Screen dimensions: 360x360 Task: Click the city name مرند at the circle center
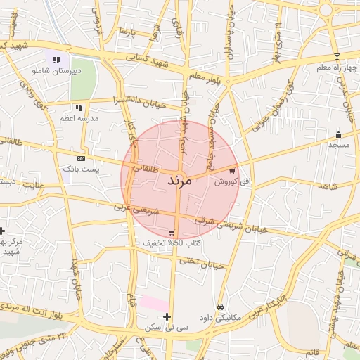pyautogui.click(x=179, y=181)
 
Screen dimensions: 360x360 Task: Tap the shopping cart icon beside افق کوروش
pyautogui.click(x=232, y=171)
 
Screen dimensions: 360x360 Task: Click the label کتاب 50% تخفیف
pyautogui.click(x=172, y=243)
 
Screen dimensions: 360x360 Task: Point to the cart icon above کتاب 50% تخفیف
pyautogui.click(x=172, y=233)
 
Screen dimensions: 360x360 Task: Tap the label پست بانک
pyautogui.click(x=82, y=169)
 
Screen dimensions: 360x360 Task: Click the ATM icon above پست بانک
pyautogui.click(x=82, y=159)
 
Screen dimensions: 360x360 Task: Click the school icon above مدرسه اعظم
pyautogui.click(x=79, y=108)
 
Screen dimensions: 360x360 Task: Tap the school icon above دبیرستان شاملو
pyautogui.click(x=56, y=60)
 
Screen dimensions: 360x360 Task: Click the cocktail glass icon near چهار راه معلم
pyautogui.click(x=337, y=56)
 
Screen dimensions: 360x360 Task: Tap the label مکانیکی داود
pyautogui.click(x=221, y=317)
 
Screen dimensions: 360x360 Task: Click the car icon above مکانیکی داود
pyautogui.click(x=221, y=307)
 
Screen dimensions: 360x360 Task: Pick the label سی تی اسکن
pyautogui.click(x=166, y=327)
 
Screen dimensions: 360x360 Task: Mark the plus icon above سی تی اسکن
pyautogui.click(x=167, y=316)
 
